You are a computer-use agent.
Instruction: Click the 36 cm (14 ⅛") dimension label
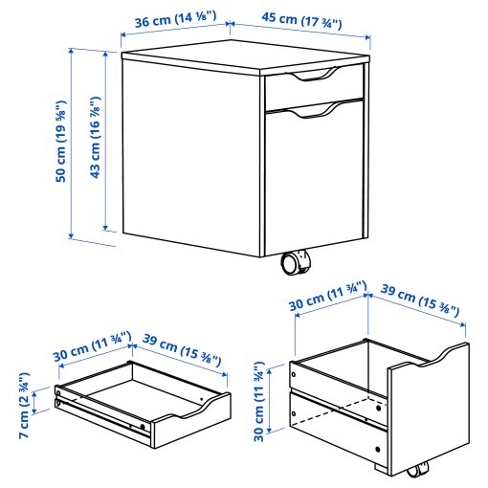pyautogui.click(x=175, y=18)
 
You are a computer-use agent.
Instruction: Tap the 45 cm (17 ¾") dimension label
pyautogui.click(x=301, y=21)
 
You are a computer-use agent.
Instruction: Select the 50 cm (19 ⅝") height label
pyautogui.click(x=60, y=142)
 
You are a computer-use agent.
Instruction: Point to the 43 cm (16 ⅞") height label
pyautogui.click(x=95, y=137)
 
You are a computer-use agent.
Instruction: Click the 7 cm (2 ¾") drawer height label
pyautogui.click(x=24, y=405)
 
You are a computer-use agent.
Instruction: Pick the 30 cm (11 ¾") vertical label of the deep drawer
pyautogui.click(x=259, y=402)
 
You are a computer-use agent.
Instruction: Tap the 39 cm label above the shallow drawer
pyautogui.click(x=182, y=349)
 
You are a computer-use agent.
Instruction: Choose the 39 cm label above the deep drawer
pyautogui.click(x=420, y=300)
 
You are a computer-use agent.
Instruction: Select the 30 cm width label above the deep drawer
pyautogui.click(x=328, y=296)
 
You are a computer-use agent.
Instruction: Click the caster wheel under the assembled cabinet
pyautogui.click(x=295, y=262)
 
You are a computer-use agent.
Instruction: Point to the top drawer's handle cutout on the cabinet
pyautogui.click(x=313, y=77)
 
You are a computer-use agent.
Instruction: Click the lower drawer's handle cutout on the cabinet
pyautogui.click(x=313, y=113)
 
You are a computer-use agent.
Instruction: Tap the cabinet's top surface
pyautogui.click(x=246, y=56)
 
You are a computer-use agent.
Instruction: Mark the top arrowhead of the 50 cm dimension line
pyautogui.click(x=71, y=51)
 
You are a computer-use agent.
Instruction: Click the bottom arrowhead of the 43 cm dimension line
pyautogui.click(x=105, y=228)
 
